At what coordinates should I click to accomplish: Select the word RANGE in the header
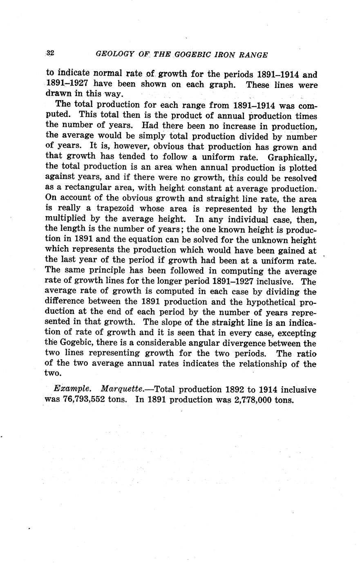[x=253, y=55]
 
